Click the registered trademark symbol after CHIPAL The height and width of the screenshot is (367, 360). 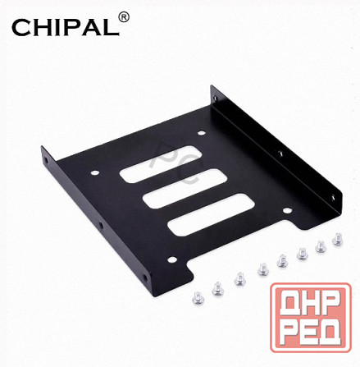pyautogui.click(x=125, y=16)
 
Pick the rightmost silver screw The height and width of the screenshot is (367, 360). pyautogui.click(x=337, y=241)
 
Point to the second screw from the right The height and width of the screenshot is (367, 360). pyautogui.click(x=319, y=245)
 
